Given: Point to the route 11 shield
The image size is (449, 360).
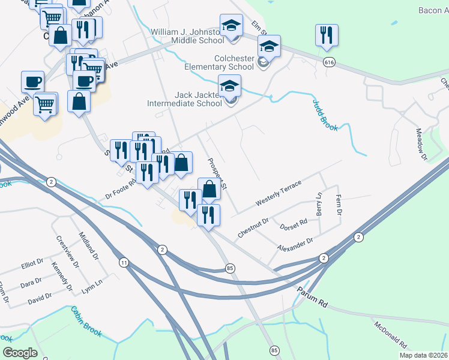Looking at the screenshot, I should [124, 262].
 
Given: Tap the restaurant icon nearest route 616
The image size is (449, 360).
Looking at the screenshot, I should [327, 37].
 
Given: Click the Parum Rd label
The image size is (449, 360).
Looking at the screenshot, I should [311, 295].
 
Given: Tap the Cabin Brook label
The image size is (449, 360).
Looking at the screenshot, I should [87, 321].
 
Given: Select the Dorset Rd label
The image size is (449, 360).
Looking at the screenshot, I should [294, 225].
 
